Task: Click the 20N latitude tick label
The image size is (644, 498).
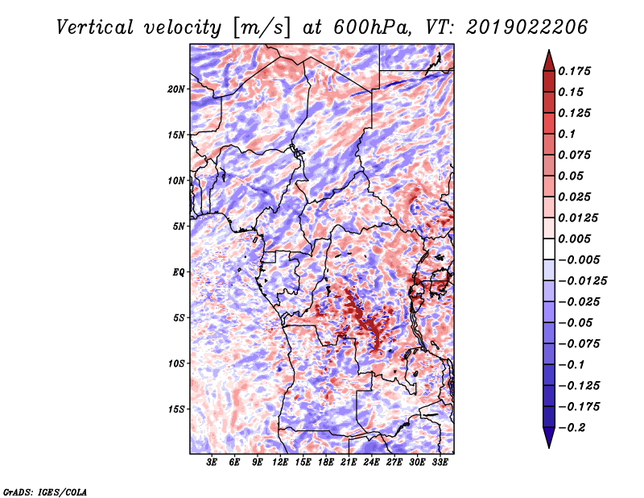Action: (176, 89)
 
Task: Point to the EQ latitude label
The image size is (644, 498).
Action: (179, 272)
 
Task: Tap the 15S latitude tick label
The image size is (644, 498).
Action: (176, 409)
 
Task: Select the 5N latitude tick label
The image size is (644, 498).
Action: (179, 226)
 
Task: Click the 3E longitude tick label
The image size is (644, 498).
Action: (212, 462)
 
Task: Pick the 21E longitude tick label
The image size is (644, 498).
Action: (349, 462)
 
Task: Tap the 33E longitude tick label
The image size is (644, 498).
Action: (440, 462)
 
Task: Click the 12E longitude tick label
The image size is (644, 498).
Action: (280, 462)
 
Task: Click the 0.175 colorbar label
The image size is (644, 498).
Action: (574, 71)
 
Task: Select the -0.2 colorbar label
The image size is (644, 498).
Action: (572, 427)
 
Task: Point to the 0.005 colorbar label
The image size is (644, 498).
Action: (574, 239)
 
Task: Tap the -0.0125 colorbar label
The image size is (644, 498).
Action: (582, 280)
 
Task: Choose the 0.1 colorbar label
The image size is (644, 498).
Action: (567, 134)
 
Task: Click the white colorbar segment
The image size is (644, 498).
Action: (549, 249)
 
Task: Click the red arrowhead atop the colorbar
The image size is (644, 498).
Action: (549, 61)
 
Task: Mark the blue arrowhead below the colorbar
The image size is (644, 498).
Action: (549, 437)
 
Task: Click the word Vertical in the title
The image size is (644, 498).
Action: (95, 27)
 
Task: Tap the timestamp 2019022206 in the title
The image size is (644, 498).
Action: (526, 27)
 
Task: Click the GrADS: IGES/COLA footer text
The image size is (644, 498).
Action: (45, 492)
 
